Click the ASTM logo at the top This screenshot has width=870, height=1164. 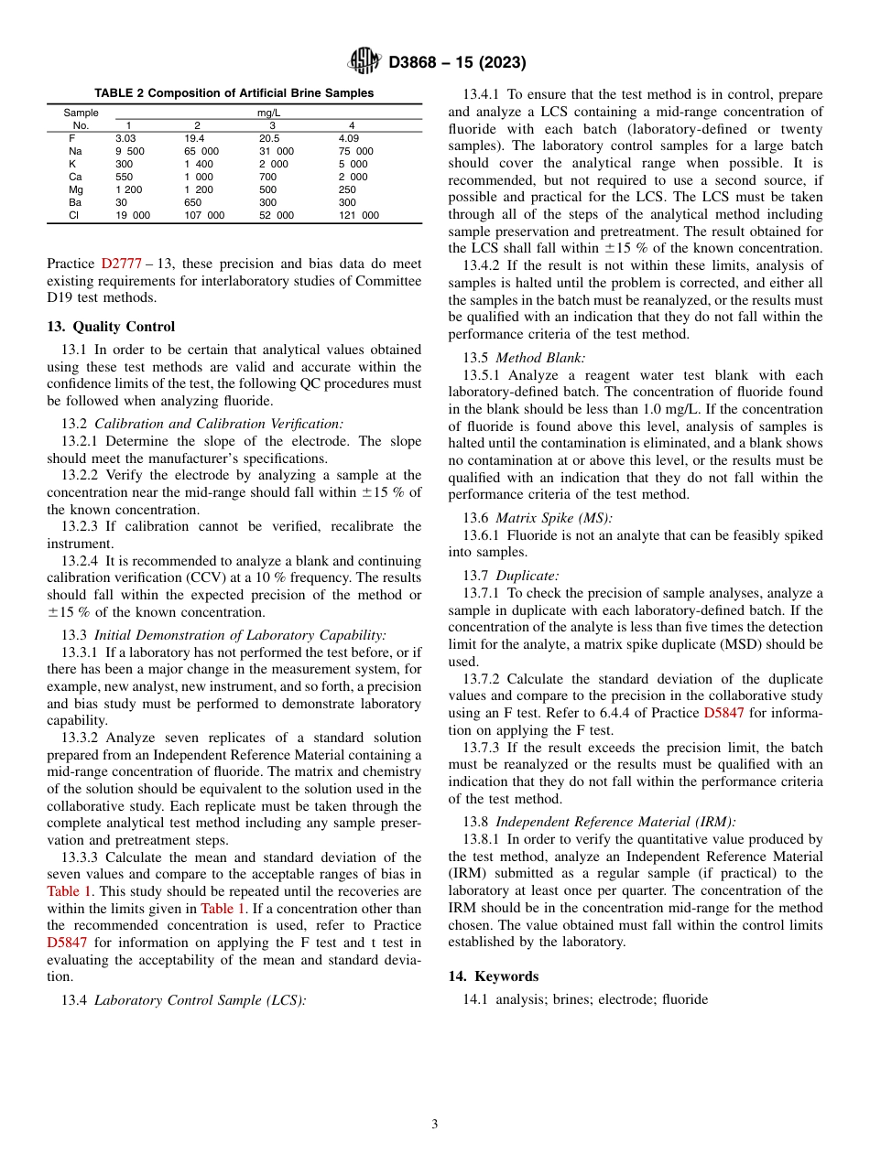click(x=364, y=62)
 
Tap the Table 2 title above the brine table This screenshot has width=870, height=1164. click(x=234, y=93)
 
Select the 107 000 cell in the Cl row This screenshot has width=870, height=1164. click(x=203, y=215)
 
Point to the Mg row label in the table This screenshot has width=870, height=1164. click(x=75, y=189)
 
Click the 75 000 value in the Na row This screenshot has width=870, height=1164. click(x=355, y=151)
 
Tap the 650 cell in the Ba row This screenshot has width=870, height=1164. click(x=193, y=202)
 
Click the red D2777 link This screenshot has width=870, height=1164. click(x=121, y=264)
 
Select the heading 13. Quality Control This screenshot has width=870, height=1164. click(x=111, y=327)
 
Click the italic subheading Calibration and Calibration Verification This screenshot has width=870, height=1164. click(x=219, y=424)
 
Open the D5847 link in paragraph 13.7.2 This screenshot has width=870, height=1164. click(x=723, y=712)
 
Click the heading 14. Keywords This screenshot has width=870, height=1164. click(x=494, y=976)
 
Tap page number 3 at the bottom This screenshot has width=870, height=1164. click(x=435, y=1125)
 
